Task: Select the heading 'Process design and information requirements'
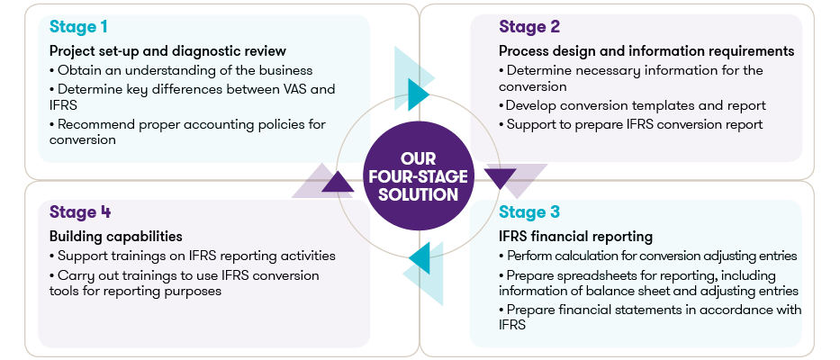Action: coord(646,50)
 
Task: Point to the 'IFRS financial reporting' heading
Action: coord(575,237)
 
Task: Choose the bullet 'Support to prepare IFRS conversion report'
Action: coord(632,124)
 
